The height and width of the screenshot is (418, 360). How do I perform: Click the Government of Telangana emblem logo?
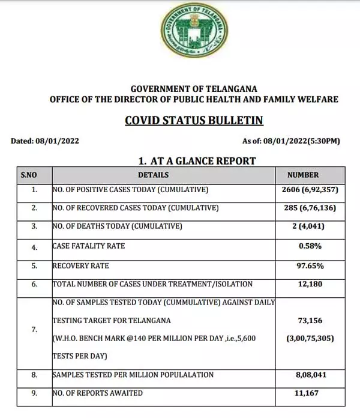(x=194, y=30)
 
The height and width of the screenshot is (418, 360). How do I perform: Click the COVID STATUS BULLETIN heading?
(x=194, y=120)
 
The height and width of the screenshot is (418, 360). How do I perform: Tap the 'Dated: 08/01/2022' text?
(x=45, y=142)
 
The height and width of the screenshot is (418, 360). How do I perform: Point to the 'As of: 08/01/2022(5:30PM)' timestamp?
(x=291, y=142)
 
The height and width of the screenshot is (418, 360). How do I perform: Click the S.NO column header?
(x=29, y=175)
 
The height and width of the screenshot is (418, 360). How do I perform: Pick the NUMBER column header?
(x=303, y=175)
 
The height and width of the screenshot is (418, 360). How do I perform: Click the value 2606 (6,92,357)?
(x=310, y=190)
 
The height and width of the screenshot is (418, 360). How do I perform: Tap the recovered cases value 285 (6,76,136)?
(x=310, y=208)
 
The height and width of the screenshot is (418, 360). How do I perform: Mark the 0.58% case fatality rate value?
(x=310, y=246)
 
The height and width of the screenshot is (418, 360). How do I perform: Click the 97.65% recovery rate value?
(x=310, y=265)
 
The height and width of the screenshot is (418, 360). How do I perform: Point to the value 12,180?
(x=310, y=283)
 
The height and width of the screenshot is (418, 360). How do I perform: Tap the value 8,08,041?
(x=310, y=374)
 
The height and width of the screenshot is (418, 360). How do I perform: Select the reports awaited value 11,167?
(x=310, y=393)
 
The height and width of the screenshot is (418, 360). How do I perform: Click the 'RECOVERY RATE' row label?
(x=81, y=265)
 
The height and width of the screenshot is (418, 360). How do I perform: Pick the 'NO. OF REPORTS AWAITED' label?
(x=98, y=393)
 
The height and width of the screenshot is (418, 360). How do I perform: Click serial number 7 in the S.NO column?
(x=34, y=329)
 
